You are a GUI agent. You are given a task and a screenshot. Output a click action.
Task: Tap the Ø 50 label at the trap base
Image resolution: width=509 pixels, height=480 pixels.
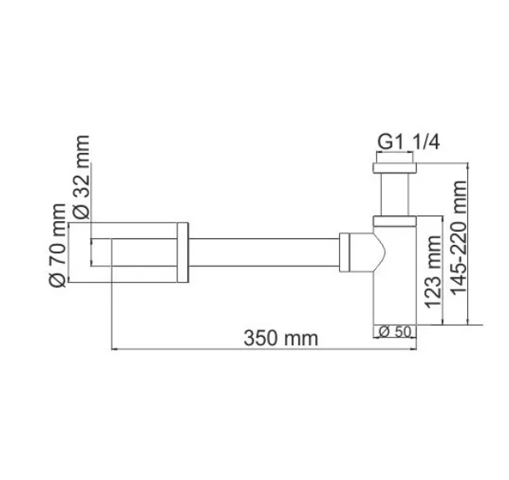pyautogui.click(x=397, y=331)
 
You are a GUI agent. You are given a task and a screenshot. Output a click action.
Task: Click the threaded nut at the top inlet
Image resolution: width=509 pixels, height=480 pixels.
pyautogui.click(x=397, y=170)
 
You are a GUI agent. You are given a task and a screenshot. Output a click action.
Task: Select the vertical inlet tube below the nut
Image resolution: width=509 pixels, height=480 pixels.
pyautogui.click(x=397, y=195)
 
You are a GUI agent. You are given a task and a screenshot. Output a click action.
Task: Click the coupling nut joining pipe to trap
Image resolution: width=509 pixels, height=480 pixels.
pyautogui.click(x=350, y=251)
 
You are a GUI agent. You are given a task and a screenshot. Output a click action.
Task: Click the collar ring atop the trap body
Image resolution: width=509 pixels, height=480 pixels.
pyautogui.click(x=397, y=219)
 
